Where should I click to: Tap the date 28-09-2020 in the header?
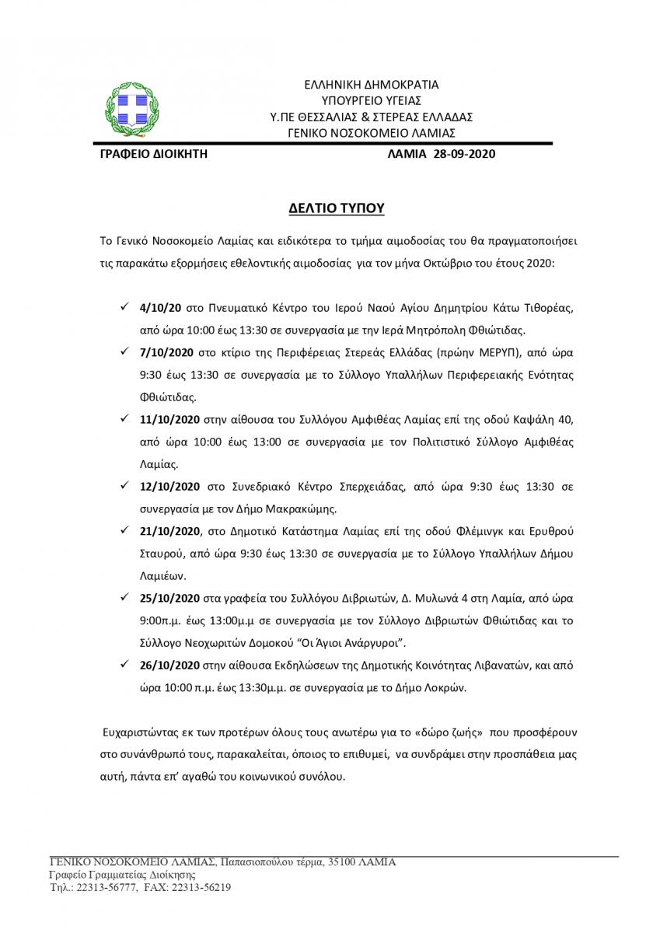click(x=463, y=154)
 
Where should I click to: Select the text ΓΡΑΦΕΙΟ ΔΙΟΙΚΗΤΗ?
click(x=149, y=154)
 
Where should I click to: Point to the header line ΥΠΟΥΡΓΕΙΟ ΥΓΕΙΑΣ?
click(x=371, y=100)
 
